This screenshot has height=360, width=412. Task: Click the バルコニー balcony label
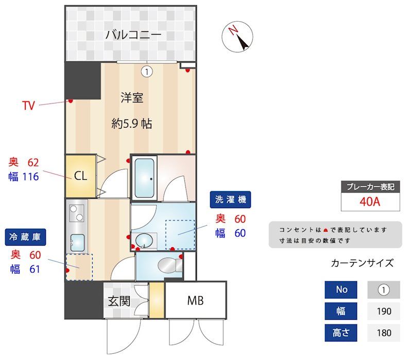point(133,35)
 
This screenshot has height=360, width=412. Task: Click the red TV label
point(28,106)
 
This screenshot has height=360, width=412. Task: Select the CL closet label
point(80,176)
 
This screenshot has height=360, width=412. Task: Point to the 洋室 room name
point(132,97)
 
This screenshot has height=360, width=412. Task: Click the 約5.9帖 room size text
point(132,124)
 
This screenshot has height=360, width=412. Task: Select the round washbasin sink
point(145,239)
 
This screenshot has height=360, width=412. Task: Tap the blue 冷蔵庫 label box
point(25,237)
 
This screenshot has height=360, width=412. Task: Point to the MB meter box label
point(195,301)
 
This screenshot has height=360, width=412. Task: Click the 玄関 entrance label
point(119,301)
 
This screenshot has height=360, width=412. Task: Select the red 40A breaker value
point(370,201)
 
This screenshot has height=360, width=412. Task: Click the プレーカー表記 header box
point(370,187)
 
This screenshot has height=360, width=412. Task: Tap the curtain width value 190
point(384,311)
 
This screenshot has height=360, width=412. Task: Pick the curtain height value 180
point(384,333)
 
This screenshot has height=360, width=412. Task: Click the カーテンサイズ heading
point(362,263)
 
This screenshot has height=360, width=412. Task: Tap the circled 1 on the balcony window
point(147,72)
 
